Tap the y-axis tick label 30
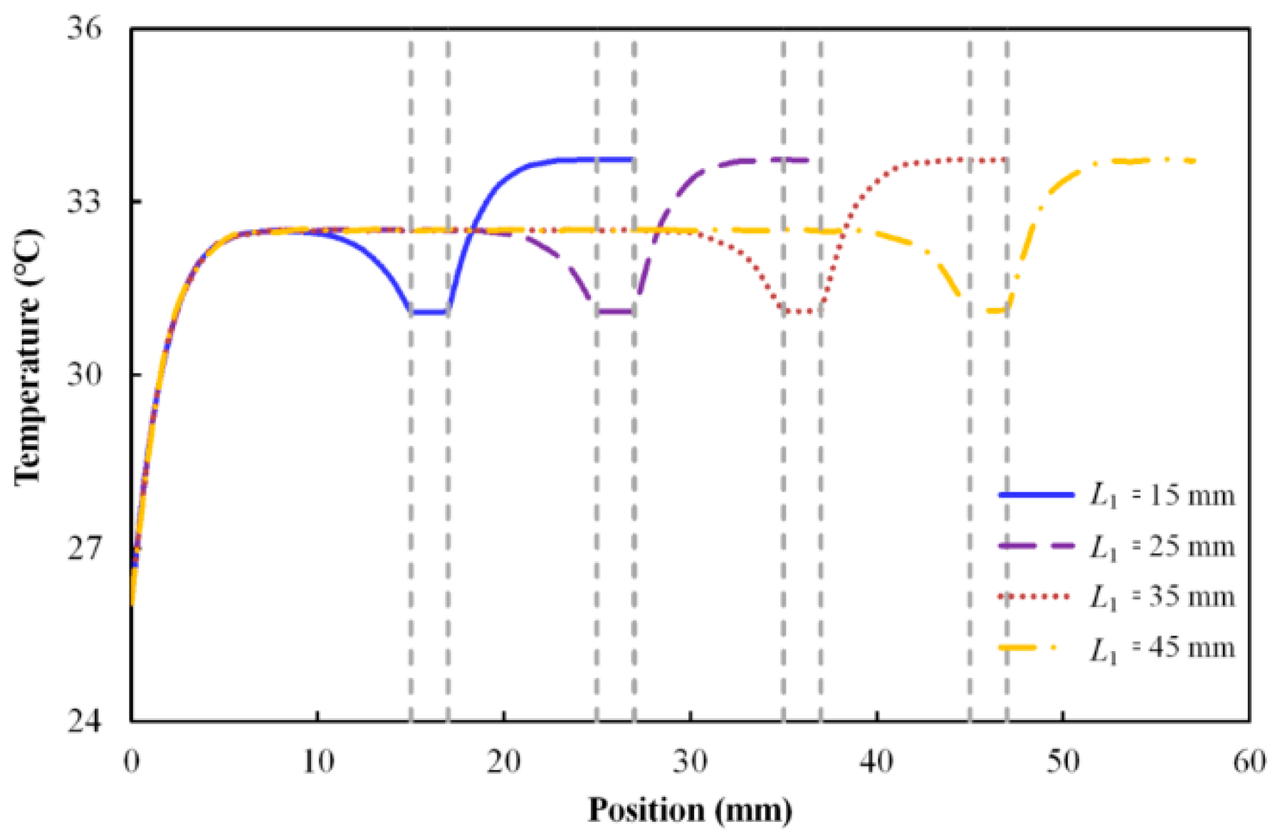84,375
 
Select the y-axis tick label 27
84,549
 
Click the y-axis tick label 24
84,722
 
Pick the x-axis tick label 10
318,762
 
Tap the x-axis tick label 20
504,762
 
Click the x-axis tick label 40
876,762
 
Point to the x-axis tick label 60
1249,762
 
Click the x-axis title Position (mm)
690,810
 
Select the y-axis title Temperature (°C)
28,357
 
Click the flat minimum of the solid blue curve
429,312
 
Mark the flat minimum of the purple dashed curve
615,311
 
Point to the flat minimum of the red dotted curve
802,311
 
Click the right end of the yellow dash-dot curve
1195,162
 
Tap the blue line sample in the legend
1036,494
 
